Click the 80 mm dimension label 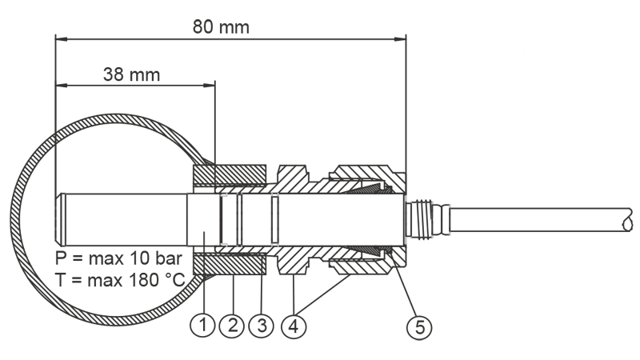point(221,27)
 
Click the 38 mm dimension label point(131,74)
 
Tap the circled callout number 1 point(203,326)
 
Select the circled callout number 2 point(232,326)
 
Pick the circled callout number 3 point(262,326)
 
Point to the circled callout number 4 point(294,326)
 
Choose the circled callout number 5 point(419,327)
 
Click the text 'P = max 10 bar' point(118,258)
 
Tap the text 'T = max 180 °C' point(121,281)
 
